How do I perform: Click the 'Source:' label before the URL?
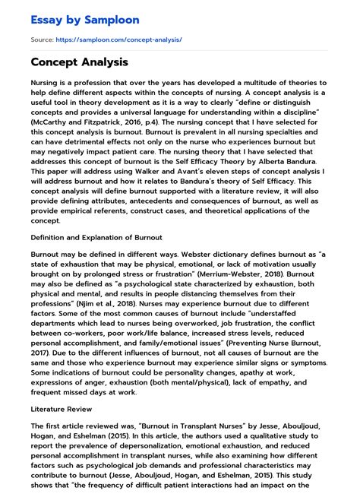pyautogui.click(x=44, y=39)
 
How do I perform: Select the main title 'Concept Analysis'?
pyautogui.click(x=80, y=62)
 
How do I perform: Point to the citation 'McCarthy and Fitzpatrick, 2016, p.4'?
pyautogui.click(x=84, y=122)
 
